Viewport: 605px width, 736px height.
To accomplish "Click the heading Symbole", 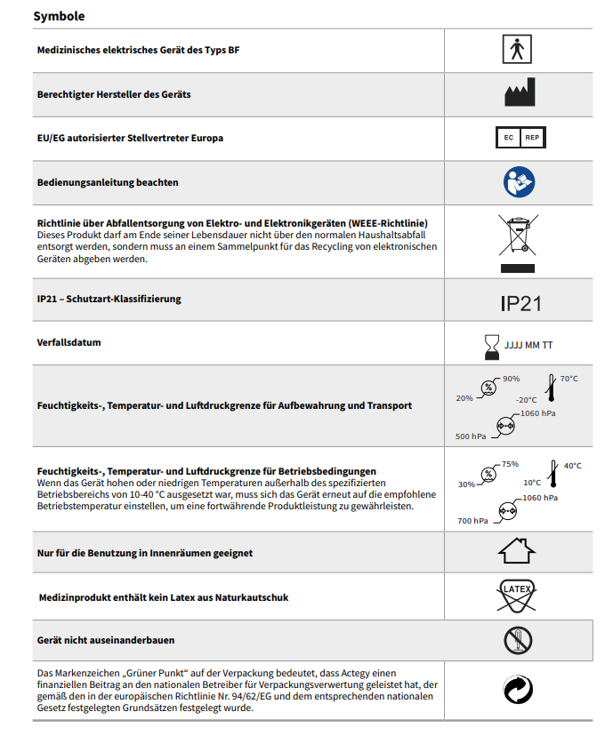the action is (x=59, y=16).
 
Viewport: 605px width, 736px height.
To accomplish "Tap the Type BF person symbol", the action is (x=517, y=49).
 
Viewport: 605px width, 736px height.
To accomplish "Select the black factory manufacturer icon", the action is (x=520, y=92).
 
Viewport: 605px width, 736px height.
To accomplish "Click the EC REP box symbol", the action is (x=520, y=137).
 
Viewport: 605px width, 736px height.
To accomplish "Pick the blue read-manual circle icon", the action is (x=519, y=181).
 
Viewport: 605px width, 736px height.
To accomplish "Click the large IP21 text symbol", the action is (x=520, y=304).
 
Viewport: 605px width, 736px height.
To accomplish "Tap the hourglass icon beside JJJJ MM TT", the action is (x=492, y=347).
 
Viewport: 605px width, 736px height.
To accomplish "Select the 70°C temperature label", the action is (x=569, y=379).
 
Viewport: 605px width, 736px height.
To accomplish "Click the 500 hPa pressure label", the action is (x=470, y=436).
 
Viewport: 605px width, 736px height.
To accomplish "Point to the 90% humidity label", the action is (x=511, y=379).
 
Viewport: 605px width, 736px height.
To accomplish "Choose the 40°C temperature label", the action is (x=573, y=466).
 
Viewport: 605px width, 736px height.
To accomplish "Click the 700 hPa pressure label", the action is (x=472, y=521).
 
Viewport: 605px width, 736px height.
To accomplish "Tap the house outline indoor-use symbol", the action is (x=517, y=550).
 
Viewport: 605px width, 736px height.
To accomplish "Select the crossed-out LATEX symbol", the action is (x=517, y=596).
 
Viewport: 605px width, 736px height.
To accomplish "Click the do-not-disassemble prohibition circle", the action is (x=518, y=640).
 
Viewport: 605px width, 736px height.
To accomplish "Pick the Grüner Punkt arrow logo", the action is (x=518, y=690).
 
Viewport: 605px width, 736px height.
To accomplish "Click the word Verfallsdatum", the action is (x=69, y=342).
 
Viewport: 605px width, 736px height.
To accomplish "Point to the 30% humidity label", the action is (x=466, y=484).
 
